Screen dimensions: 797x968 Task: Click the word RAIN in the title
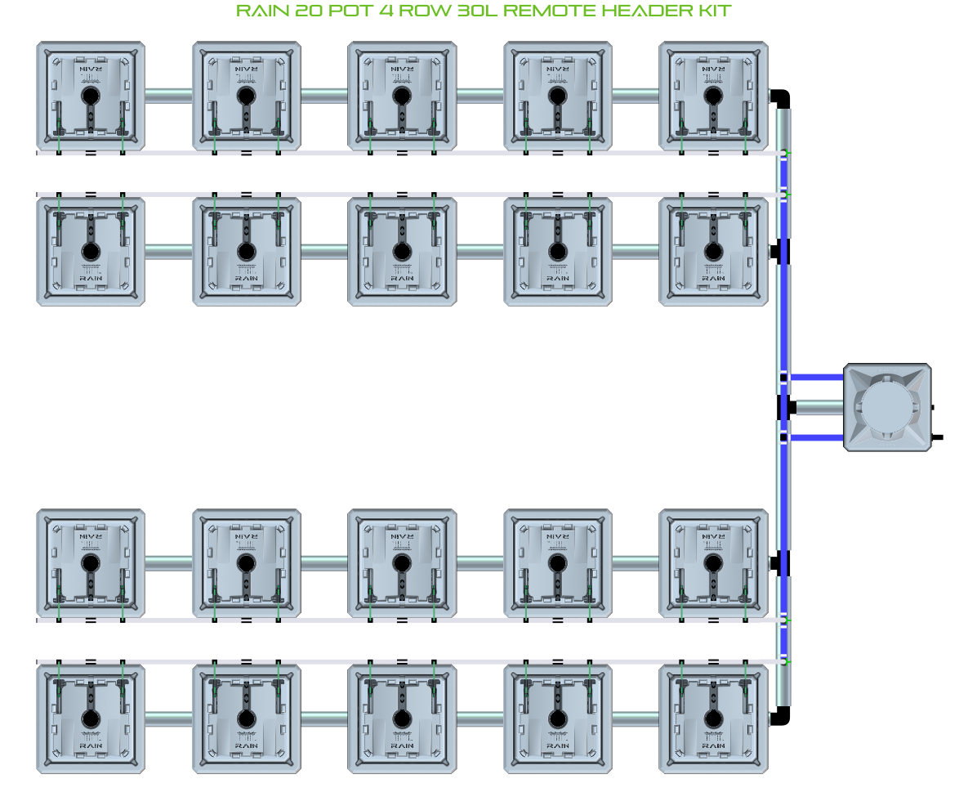261,11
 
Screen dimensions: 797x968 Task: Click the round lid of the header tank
885,407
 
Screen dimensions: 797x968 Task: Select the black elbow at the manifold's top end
783,97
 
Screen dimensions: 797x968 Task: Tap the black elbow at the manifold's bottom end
783,715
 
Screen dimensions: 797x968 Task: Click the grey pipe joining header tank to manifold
819,407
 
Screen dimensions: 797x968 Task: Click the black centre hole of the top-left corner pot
90,96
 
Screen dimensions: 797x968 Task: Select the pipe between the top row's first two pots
168,96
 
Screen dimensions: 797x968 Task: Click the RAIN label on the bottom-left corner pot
90,746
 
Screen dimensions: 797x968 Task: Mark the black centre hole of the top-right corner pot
713,96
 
